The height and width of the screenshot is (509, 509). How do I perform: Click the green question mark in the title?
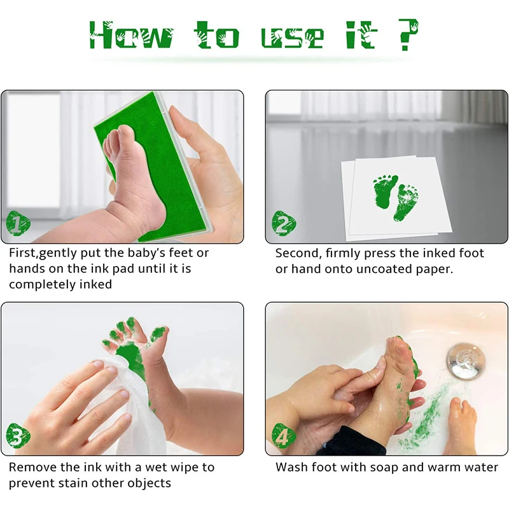click(408, 34)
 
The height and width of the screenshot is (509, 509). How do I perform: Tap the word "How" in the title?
click(132, 35)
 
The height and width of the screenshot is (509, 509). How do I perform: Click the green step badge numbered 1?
click(18, 223)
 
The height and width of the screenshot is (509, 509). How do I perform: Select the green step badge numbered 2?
click(284, 223)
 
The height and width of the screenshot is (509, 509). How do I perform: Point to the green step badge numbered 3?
click(18, 435)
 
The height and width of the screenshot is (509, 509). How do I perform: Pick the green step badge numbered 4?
click(284, 435)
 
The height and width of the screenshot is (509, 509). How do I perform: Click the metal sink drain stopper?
click(465, 361)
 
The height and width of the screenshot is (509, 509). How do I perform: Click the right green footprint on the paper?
click(406, 202)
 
